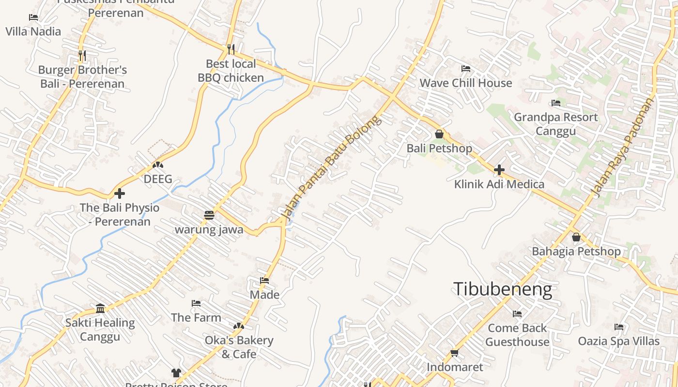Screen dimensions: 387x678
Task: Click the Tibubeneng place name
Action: (x=503, y=289)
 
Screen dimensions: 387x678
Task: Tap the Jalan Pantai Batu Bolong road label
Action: (x=331, y=168)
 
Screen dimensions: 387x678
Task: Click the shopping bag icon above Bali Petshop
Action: (x=439, y=134)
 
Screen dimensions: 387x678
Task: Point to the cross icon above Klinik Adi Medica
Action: (x=499, y=170)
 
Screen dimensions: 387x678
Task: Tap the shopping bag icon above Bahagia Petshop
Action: (x=576, y=237)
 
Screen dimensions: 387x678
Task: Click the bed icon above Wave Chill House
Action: (x=466, y=69)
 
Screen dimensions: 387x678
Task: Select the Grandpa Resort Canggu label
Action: (x=555, y=124)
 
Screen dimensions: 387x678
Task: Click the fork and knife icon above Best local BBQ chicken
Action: (x=231, y=49)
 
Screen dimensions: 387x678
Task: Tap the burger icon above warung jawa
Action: (x=209, y=215)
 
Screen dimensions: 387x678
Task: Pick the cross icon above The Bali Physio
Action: (x=120, y=193)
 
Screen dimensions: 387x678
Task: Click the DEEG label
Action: (x=158, y=179)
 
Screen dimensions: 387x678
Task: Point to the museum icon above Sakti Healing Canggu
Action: (x=100, y=308)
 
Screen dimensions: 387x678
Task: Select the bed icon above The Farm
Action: (x=196, y=303)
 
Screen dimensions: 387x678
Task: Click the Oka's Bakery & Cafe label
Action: (x=239, y=347)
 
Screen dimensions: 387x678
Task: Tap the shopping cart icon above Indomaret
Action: (x=454, y=353)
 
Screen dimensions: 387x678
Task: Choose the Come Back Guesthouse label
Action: (x=517, y=335)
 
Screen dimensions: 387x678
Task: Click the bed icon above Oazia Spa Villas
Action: (x=618, y=327)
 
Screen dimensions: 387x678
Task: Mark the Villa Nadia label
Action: (x=33, y=31)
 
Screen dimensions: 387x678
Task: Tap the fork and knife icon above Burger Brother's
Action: (x=82, y=56)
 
